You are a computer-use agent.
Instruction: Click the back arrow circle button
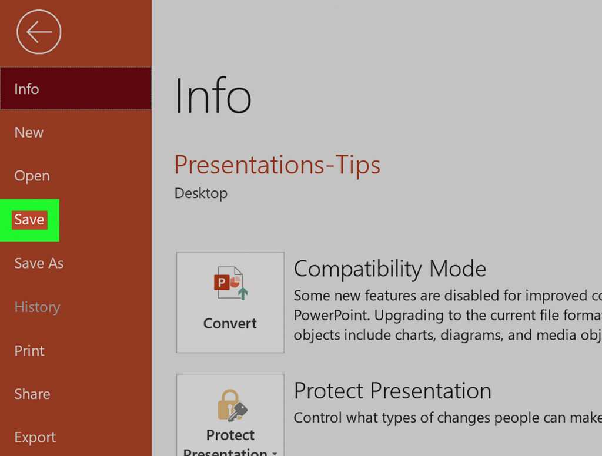click(39, 32)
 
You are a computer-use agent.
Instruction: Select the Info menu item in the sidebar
click(27, 89)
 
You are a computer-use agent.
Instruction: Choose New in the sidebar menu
click(29, 132)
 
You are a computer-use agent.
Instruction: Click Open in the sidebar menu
click(32, 176)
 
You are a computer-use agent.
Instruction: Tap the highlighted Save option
click(29, 220)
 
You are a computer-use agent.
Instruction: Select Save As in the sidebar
click(39, 263)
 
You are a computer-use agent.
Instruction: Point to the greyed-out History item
click(37, 307)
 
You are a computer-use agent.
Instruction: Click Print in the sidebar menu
click(29, 351)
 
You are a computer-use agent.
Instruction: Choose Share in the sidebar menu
click(32, 394)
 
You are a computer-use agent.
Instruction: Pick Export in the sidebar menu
click(35, 438)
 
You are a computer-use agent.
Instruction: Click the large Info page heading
click(213, 97)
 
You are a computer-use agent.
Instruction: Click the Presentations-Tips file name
click(277, 165)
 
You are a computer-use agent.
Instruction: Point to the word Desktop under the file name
click(200, 193)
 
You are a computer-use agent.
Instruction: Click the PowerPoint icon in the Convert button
click(229, 283)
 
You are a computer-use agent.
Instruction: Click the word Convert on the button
click(230, 323)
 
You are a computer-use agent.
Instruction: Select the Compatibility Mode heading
click(390, 269)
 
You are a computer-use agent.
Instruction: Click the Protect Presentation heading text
click(392, 391)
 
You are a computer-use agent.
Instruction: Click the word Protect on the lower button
click(230, 435)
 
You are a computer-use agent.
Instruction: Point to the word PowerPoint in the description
click(331, 316)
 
